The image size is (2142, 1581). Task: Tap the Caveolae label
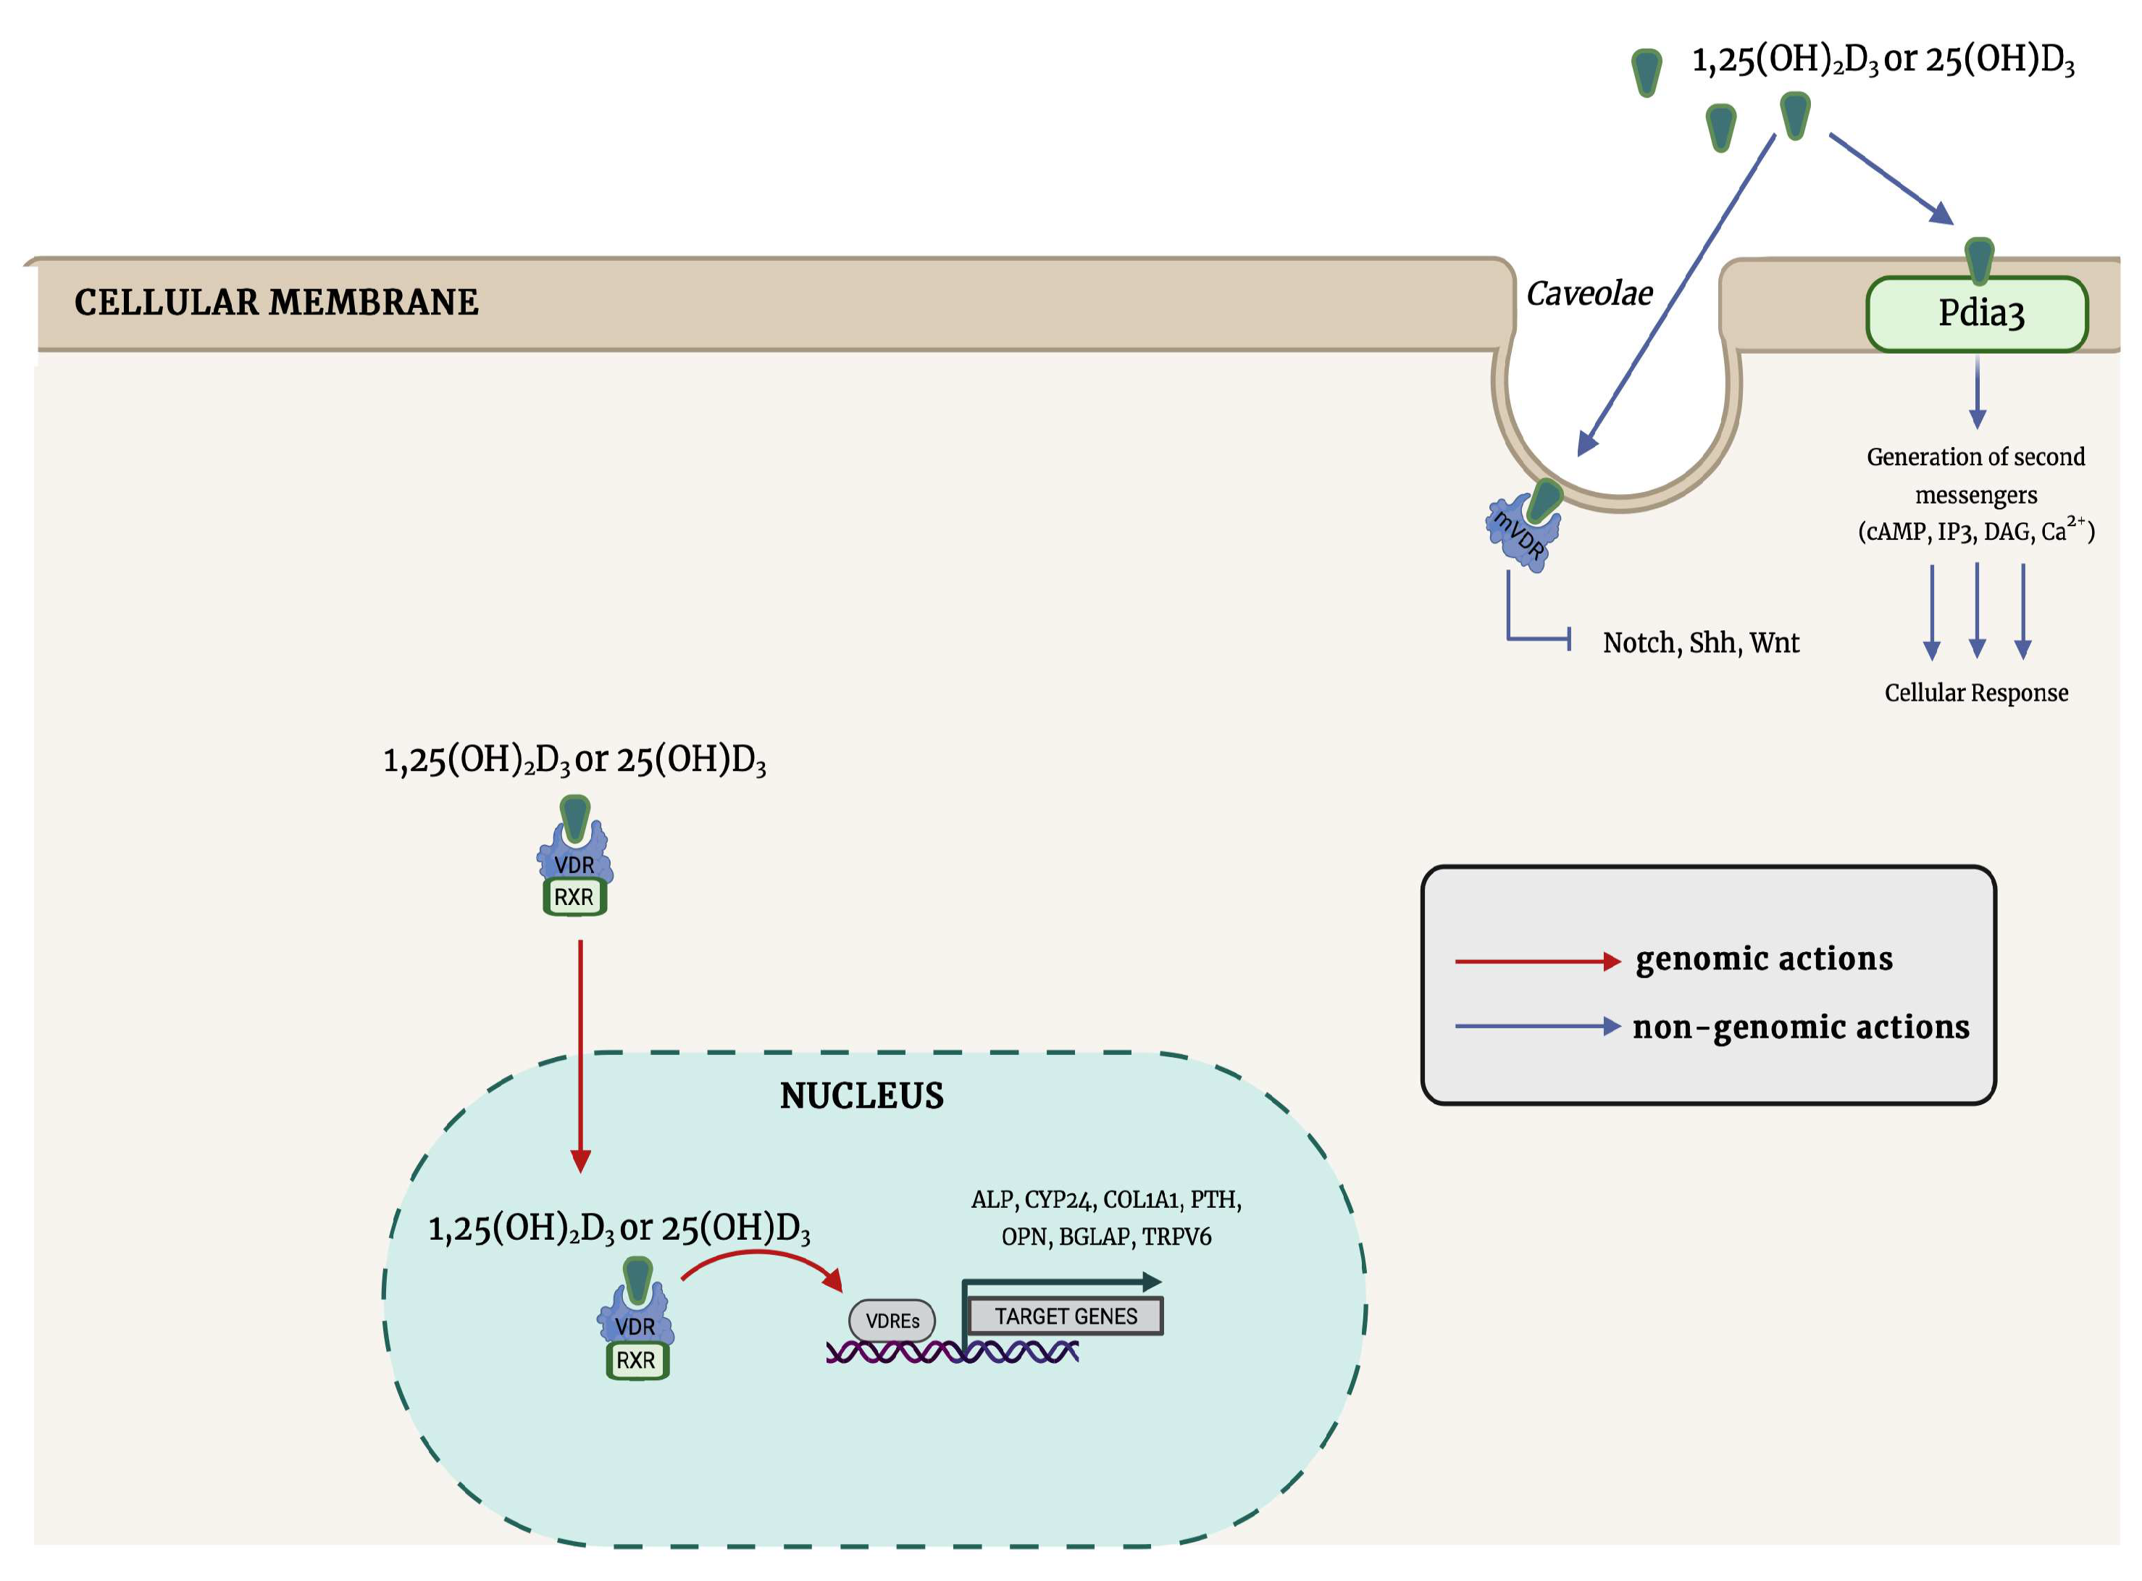click(x=1589, y=293)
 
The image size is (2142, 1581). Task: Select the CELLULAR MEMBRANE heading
click(x=277, y=302)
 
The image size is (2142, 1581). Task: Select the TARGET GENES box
click(x=1065, y=1317)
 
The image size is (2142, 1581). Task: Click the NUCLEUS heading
click(x=861, y=1096)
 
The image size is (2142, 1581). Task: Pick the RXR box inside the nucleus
click(x=636, y=1361)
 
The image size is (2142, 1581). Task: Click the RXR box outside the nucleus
click(x=574, y=898)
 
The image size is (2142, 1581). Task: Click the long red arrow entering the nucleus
click(x=581, y=1053)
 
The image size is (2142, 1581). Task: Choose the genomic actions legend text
click(x=1763, y=959)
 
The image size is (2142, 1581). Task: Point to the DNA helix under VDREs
click(x=952, y=1352)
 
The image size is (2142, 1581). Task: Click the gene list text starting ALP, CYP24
click(x=1106, y=1218)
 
